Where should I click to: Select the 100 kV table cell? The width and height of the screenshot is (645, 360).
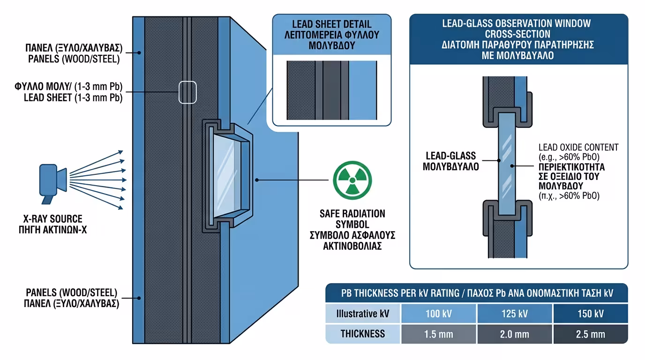click(x=439, y=314)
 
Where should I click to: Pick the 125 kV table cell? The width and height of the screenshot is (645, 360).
click(x=515, y=314)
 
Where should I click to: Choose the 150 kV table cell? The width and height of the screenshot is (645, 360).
click(x=590, y=314)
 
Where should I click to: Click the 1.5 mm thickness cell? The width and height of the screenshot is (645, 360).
click(x=439, y=334)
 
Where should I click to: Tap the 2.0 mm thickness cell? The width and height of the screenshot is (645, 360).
click(x=515, y=334)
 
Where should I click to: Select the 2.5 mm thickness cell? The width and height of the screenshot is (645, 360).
click(x=590, y=334)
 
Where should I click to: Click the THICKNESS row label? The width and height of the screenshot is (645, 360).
click(x=363, y=334)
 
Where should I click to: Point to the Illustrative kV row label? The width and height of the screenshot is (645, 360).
click(x=363, y=314)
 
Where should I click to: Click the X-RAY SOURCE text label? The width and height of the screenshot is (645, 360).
click(x=52, y=219)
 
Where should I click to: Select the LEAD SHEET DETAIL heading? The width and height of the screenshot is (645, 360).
click(x=331, y=24)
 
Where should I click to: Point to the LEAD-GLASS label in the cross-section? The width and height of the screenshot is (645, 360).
click(x=450, y=156)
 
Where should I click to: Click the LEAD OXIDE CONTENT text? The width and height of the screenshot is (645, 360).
click(x=578, y=147)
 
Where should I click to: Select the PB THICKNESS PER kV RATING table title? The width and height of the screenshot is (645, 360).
click(x=476, y=293)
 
